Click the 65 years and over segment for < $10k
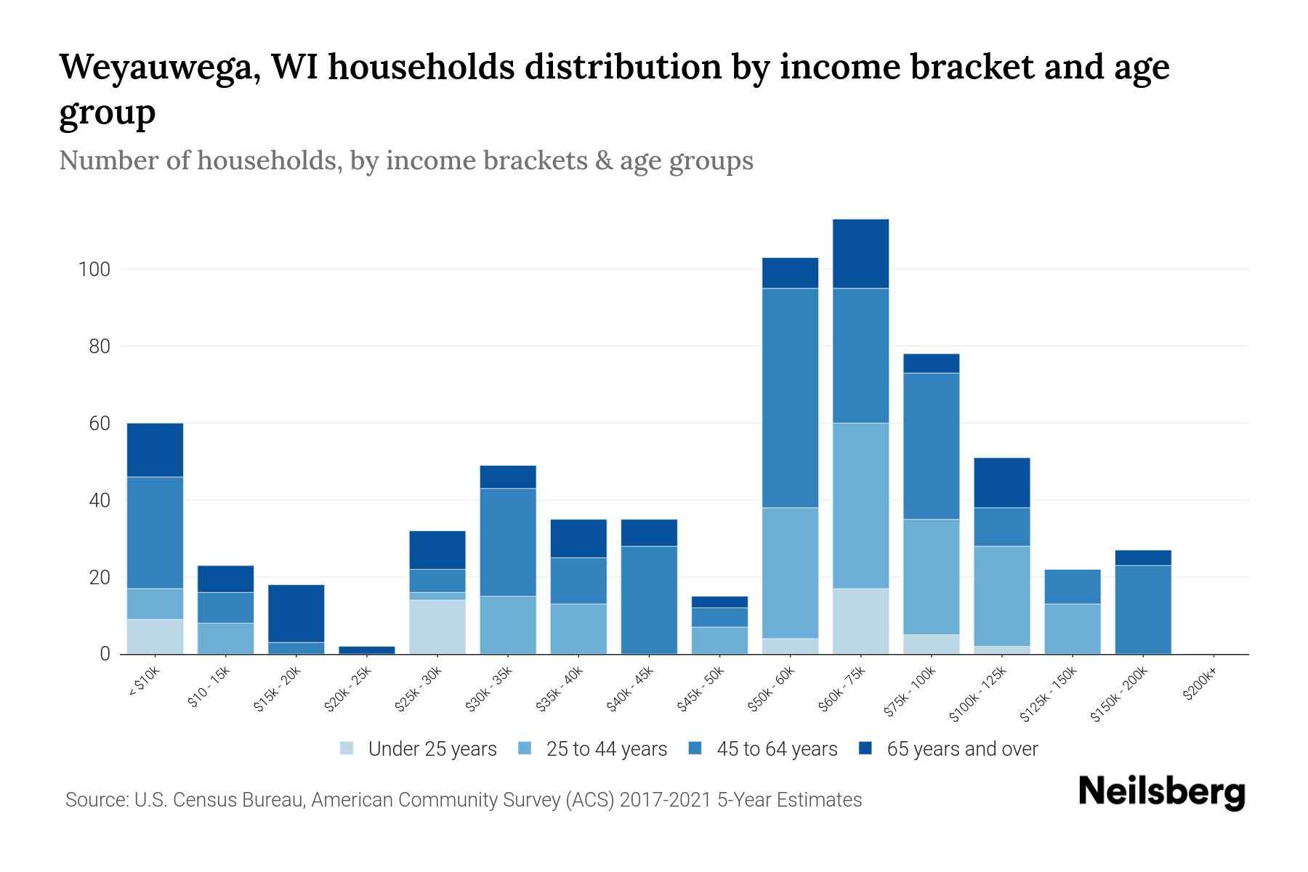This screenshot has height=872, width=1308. [155, 450]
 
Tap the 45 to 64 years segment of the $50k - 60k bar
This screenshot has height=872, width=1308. [790, 397]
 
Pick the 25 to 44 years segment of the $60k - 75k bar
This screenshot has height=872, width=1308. [860, 505]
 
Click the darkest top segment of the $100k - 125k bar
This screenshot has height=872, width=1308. [1002, 483]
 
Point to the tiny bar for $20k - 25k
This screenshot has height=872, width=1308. [367, 650]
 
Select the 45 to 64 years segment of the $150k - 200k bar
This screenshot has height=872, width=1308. [1143, 609]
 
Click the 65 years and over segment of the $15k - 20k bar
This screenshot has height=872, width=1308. [296, 613]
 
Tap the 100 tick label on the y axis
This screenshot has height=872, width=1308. [94, 270]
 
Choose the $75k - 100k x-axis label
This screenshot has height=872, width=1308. [911, 695]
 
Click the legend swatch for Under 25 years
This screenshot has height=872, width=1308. [347, 748]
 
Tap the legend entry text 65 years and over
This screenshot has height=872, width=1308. [962, 749]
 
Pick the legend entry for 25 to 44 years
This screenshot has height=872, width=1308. [606, 749]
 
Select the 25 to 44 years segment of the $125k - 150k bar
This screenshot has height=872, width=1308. [1073, 629]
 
